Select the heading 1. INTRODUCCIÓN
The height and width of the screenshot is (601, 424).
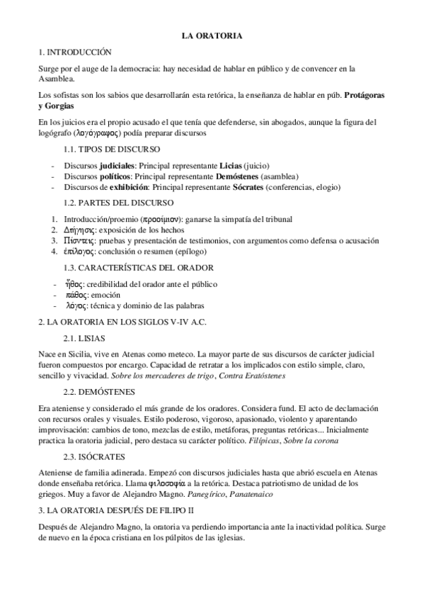[74, 52]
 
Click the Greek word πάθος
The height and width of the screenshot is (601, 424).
[76, 294]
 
